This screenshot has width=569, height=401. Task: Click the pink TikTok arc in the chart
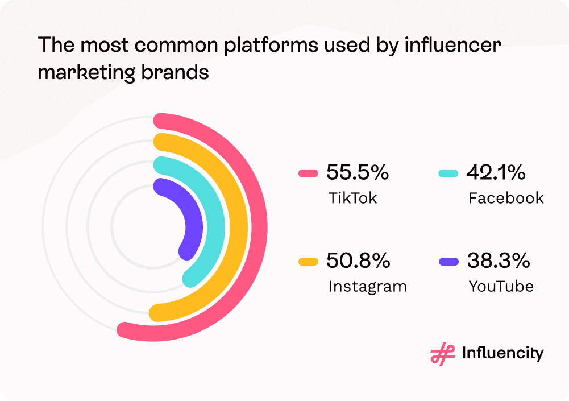point(259,228)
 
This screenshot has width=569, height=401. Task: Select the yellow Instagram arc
point(238,228)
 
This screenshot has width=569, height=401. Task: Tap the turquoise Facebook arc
point(216,228)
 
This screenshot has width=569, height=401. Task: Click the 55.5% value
point(357,172)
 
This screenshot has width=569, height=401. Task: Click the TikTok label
point(352,198)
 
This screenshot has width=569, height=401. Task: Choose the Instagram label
point(367,286)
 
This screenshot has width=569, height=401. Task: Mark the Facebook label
point(506,198)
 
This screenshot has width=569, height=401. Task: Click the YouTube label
point(501,286)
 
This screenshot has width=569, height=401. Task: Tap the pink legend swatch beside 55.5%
point(308,173)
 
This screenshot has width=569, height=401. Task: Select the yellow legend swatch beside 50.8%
point(308,262)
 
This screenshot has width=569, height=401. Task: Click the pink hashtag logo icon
point(443,354)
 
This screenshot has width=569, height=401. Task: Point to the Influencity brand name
point(502,353)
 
